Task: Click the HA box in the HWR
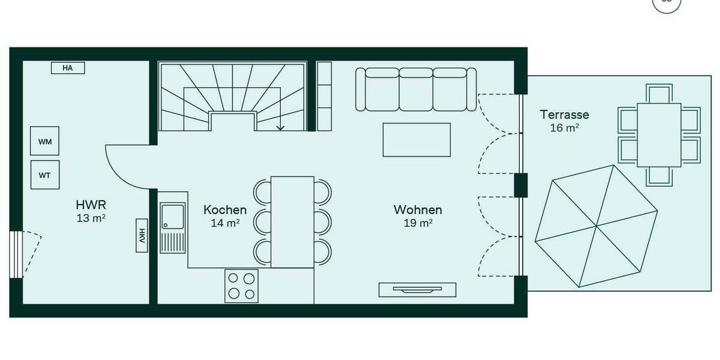67,68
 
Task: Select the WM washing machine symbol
45,142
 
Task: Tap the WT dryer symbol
45,175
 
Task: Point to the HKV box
142,235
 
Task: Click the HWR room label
91,203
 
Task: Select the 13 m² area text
91,218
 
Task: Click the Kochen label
225,209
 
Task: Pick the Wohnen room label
418,209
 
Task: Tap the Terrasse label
564,114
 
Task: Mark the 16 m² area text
564,128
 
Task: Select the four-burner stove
241,286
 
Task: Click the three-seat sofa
416,89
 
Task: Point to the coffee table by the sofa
416,139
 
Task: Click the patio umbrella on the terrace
596,227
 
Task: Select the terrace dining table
659,135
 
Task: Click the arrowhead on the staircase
280,127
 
